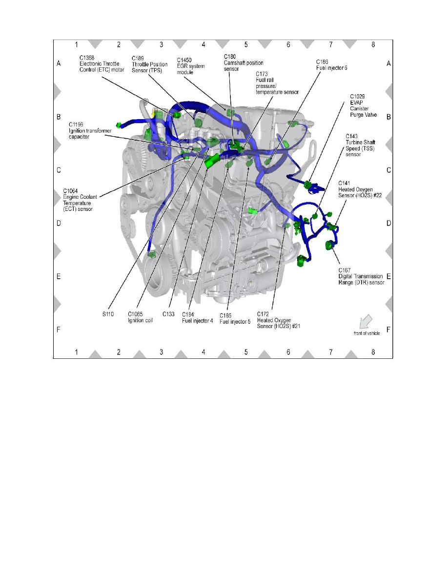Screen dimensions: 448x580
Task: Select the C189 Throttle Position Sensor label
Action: [x=150, y=64]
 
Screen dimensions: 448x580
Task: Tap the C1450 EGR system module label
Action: [x=191, y=66]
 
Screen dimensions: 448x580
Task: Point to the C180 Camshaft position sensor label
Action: [x=244, y=63]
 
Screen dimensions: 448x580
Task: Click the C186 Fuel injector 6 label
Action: [x=331, y=65]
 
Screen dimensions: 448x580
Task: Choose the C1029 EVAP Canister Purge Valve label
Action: [x=364, y=106]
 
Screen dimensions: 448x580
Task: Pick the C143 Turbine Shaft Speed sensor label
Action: [x=360, y=145]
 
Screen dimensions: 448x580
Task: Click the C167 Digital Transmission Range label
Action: [x=361, y=276]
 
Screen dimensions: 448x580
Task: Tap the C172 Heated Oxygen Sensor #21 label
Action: [x=278, y=320]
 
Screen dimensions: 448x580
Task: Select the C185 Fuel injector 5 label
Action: [x=235, y=319]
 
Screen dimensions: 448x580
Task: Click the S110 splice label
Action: [x=108, y=314]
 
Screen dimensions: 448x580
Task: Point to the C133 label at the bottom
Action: [x=168, y=314]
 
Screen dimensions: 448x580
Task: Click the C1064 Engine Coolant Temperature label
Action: [x=80, y=200]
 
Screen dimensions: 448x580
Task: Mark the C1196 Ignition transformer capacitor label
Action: [x=90, y=130]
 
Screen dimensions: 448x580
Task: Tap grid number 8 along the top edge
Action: [x=373, y=44]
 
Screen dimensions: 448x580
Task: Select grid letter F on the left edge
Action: [x=59, y=329]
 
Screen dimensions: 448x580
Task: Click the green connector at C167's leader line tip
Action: [x=329, y=245]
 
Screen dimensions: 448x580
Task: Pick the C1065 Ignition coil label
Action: [x=140, y=317]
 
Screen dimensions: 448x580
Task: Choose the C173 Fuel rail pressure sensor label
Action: [x=277, y=83]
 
